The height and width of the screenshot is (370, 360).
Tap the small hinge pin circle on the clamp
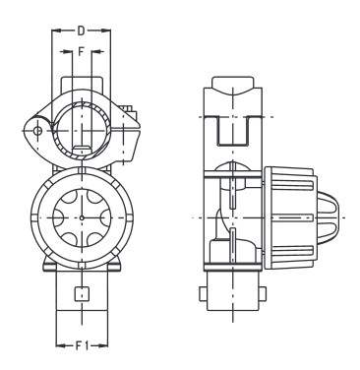[x=36, y=129]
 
